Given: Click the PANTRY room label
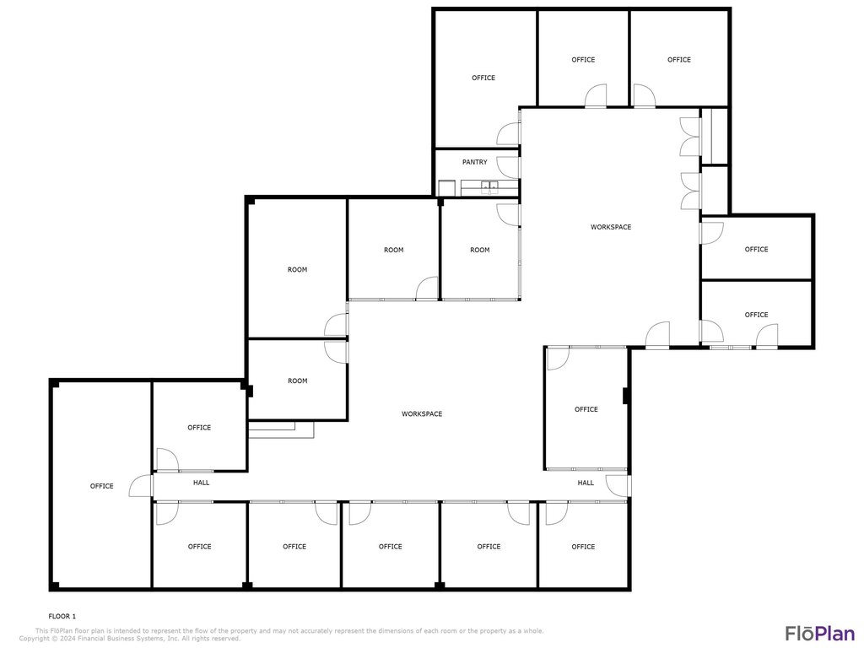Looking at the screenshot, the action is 474,162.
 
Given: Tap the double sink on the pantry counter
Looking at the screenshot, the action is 489,188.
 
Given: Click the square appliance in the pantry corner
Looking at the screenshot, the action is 445,188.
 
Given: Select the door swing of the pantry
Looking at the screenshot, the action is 508,168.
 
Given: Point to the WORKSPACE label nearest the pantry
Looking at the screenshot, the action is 611,227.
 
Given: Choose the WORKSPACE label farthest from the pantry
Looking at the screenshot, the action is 422,413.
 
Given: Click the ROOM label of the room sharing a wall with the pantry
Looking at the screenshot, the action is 479,250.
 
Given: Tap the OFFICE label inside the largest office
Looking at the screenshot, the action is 101,486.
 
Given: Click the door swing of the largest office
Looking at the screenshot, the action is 140,485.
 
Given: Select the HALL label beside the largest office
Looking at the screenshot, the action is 201,483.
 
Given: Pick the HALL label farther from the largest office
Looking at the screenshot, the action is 586,483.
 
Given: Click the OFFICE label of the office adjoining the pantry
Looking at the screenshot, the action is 483,78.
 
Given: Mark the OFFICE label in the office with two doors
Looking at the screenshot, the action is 756,315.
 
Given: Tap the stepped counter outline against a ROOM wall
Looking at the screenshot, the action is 281,429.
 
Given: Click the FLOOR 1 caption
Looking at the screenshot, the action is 62,617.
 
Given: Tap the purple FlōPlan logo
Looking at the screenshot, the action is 820,633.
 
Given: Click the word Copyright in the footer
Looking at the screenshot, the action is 35,639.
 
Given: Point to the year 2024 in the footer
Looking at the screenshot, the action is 67,639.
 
